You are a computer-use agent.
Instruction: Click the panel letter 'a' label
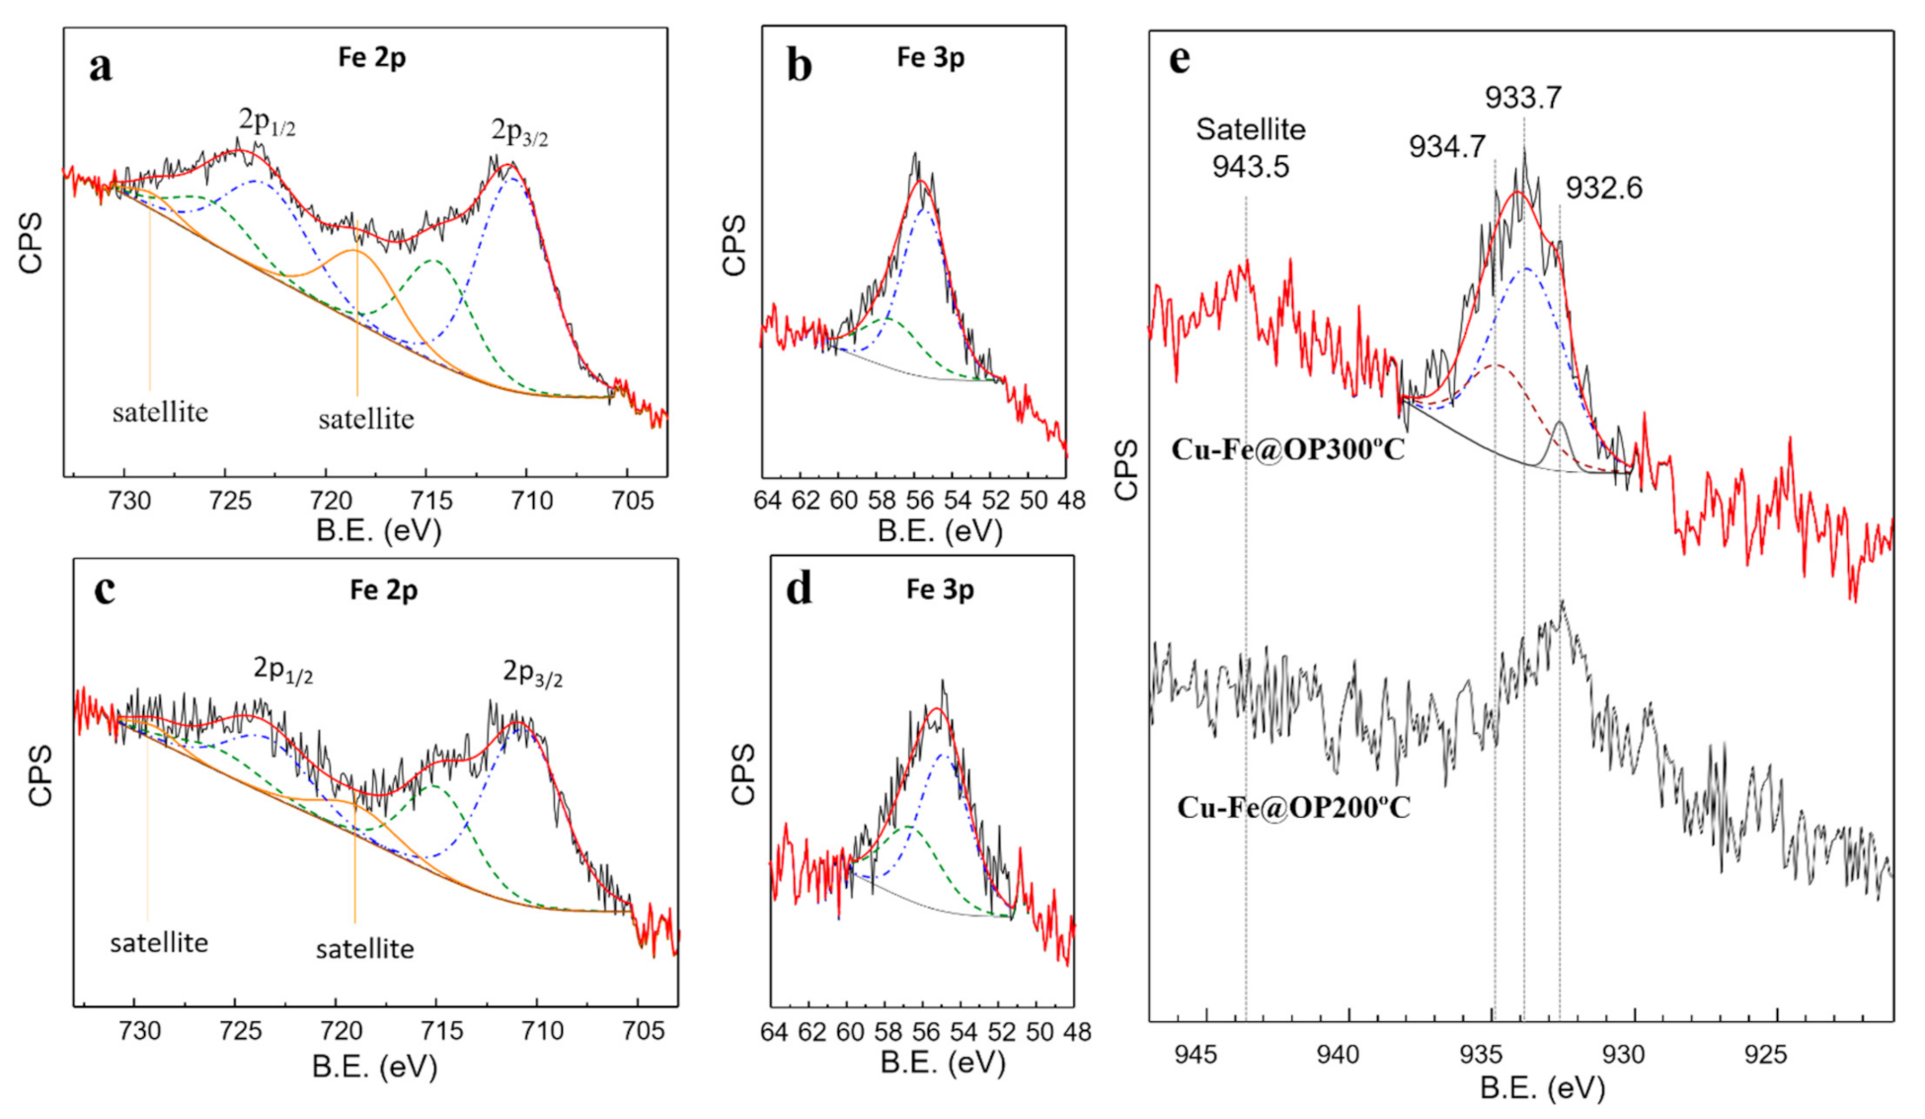(x=101, y=67)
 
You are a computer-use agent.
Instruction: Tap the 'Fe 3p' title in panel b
(x=930, y=57)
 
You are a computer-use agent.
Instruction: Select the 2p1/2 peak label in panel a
(x=267, y=122)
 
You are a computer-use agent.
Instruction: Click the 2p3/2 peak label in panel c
(x=532, y=674)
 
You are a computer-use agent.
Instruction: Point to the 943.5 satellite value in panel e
(x=1250, y=166)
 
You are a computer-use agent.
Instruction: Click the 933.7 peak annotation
(x=1522, y=98)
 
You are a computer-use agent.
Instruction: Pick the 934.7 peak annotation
(x=1446, y=147)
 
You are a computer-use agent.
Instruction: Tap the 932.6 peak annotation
(x=1603, y=188)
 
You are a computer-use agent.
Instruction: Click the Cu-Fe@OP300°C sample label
(x=1287, y=449)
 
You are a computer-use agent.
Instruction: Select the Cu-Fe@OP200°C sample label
(x=1293, y=808)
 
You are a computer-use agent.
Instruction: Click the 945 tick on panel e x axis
(x=1195, y=1055)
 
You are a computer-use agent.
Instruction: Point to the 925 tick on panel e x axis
(x=1765, y=1055)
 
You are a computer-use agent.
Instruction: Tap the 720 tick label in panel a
(x=331, y=501)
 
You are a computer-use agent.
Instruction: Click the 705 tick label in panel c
(x=643, y=1031)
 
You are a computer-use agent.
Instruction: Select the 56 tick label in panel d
(x=925, y=1032)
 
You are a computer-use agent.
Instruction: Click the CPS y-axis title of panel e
(x=1126, y=470)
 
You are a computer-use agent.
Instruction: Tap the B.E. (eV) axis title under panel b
(x=939, y=531)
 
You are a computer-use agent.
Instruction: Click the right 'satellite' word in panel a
(x=365, y=419)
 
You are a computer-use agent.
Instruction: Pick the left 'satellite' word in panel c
(x=159, y=942)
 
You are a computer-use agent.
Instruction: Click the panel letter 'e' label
(x=1179, y=59)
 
